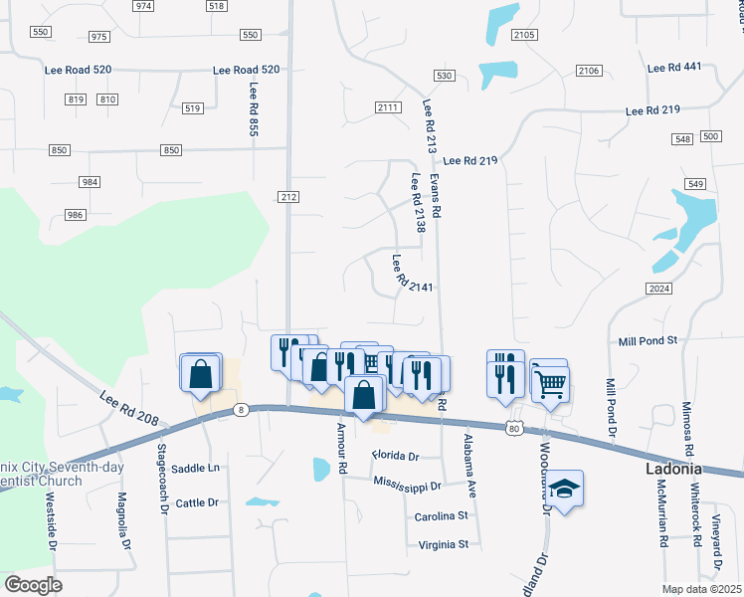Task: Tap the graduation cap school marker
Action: [564, 489]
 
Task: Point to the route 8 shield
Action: [240, 409]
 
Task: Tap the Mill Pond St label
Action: [648, 340]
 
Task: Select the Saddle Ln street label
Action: [195, 468]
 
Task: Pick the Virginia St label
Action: [444, 544]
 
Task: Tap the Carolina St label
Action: [442, 516]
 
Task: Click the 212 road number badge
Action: [288, 198]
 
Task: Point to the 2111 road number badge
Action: [388, 107]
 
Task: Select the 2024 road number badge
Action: [659, 289]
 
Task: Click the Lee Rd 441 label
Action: [674, 68]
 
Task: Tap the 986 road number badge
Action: [76, 215]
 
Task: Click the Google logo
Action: [33, 585]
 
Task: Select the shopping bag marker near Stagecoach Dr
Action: [201, 374]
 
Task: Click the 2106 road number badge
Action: [589, 71]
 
